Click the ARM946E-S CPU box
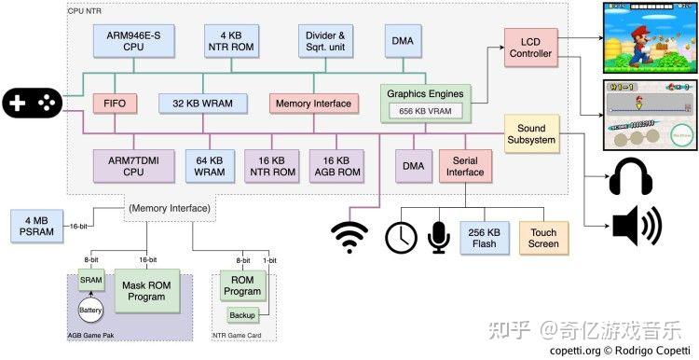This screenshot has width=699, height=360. (133, 41)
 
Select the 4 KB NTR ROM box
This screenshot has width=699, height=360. (231, 41)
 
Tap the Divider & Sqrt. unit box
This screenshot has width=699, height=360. (325, 41)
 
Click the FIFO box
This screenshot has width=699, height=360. (115, 104)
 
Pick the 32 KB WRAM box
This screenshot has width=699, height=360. (203, 104)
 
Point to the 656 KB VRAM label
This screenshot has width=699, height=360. (425, 111)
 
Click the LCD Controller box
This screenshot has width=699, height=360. (531, 48)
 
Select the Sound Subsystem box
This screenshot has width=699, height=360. (531, 133)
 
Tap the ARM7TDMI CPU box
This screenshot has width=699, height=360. (133, 166)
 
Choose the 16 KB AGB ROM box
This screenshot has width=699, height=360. (336, 166)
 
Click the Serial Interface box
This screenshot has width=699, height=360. (465, 166)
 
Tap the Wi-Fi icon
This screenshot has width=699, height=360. (349, 238)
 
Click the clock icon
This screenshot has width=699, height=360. (401, 238)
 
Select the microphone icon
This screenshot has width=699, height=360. (439, 238)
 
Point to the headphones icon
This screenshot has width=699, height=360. (631, 176)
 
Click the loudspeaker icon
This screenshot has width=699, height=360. (637, 226)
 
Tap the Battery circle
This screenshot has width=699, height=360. (91, 310)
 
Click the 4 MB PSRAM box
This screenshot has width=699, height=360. (36, 227)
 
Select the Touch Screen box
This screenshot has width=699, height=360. (543, 238)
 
